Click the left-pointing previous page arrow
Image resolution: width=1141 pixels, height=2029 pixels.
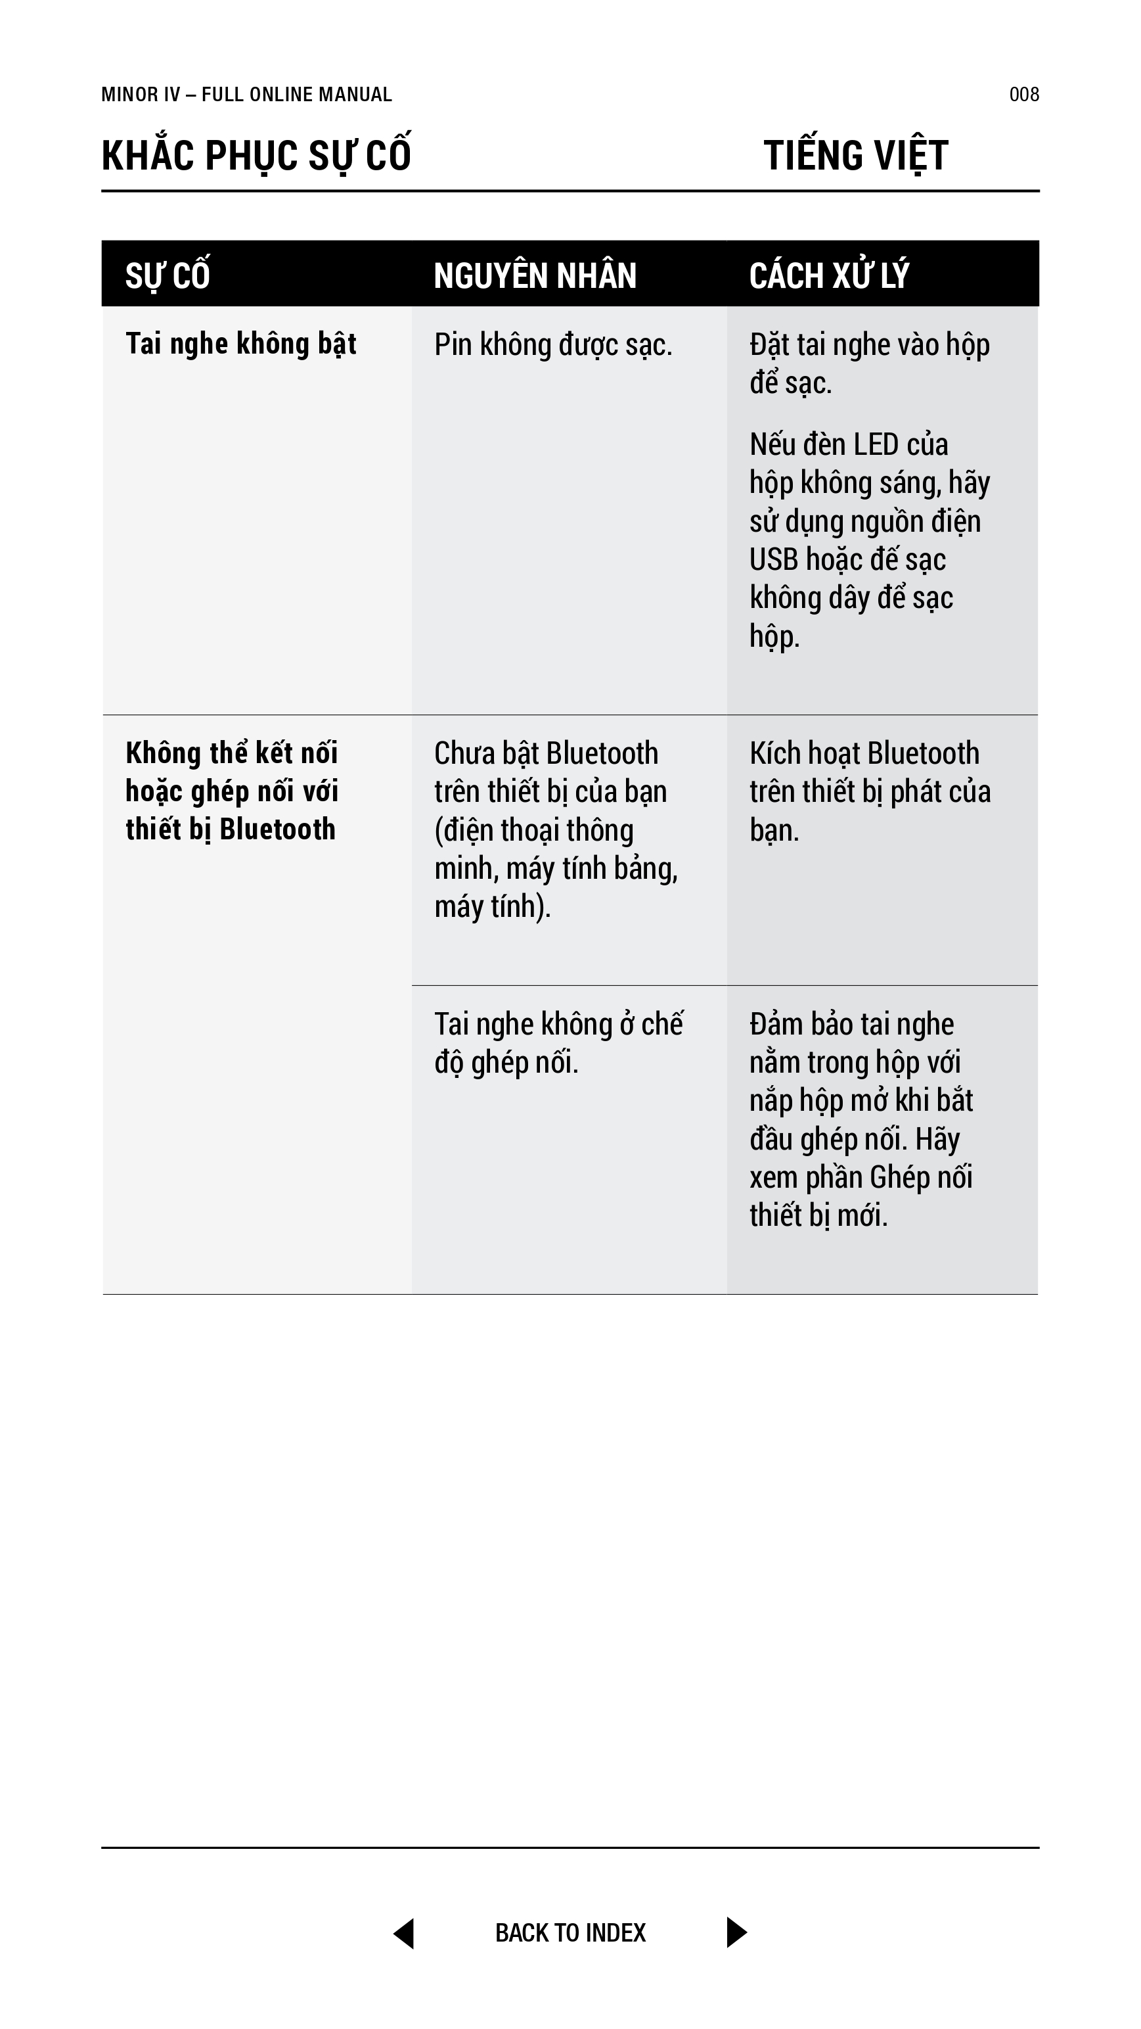click(x=405, y=1933)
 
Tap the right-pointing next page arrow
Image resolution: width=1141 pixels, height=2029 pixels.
click(x=736, y=1932)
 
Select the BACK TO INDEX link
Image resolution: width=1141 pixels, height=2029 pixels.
click(x=570, y=1933)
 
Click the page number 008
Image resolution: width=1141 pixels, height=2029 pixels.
click(x=1023, y=95)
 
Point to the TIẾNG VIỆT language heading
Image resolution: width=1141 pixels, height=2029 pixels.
click(x=856, y=155)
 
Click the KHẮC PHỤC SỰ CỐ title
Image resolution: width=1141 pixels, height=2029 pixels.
click(x=256, y=155)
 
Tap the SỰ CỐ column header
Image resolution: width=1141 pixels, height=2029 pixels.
click(x=168, y=275)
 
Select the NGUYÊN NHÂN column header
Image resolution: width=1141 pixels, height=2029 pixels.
click(x=535, y=275)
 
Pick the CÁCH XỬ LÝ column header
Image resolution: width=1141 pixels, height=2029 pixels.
click(x=829, y=275)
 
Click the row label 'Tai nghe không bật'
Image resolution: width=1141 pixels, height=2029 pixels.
click(x=241, y=344)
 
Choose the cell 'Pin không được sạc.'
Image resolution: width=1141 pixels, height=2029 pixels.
click(x=553, y=345)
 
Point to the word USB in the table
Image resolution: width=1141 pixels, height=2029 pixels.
click(x=773, y=560)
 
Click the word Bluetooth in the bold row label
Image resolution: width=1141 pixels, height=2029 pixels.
click(x=277, y=829)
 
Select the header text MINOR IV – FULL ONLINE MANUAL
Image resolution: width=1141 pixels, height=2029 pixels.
click(x=246, y=95)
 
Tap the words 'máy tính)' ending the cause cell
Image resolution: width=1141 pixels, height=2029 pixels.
click(x=492, y=906)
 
